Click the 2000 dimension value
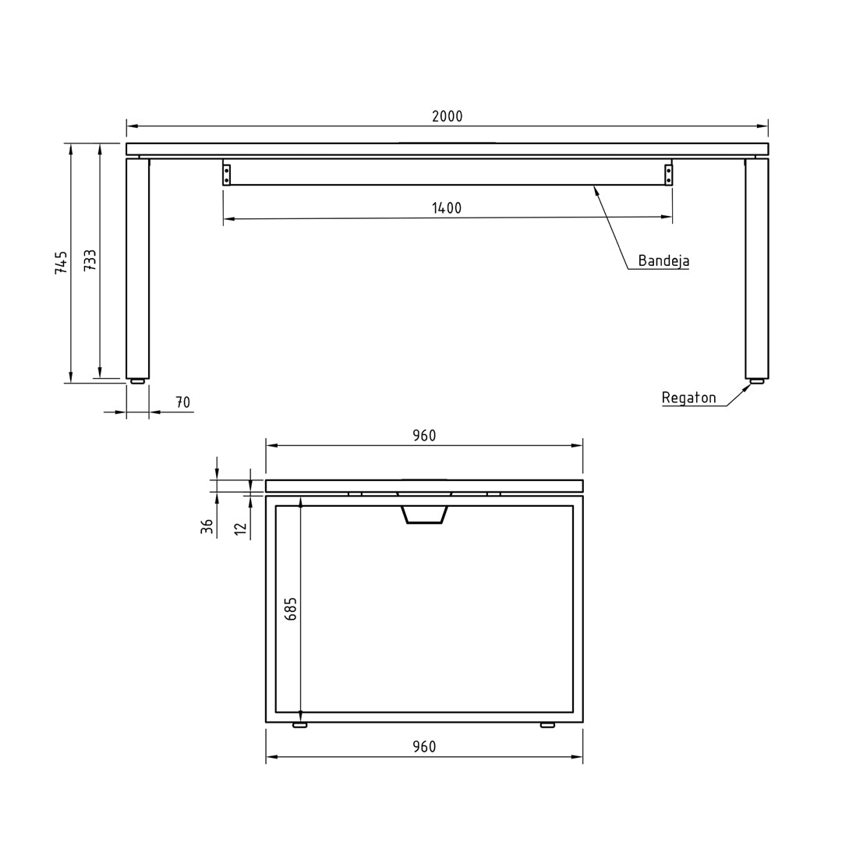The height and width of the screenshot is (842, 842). pyautogui.click(x=447, y=116)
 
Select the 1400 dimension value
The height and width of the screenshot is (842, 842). pyautogui.click(x=447, y=208)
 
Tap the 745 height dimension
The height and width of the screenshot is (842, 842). pyautogui.click(x=62, y=263)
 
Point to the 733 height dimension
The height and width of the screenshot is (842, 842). pyautogui.click(x=90, y=260)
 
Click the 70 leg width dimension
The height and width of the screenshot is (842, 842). pyautogui.click(x=182, y=402)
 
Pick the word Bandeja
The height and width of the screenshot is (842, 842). pyautogui.click(x=663, y=261)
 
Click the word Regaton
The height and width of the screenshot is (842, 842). pyautogui.click(x=688, y=398)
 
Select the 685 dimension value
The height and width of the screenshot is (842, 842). pyautogui.click(x=291, y=609)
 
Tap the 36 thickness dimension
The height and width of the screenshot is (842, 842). pyautogui.click(x=207, y=526)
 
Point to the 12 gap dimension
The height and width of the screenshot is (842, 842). pyautogui.click(x=241, y=528)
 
